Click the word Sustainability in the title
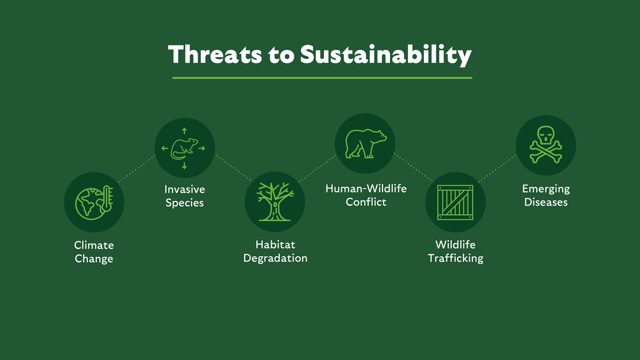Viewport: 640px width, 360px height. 386,55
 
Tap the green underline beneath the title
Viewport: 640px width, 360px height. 322,78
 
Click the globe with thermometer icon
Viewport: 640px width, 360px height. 94,203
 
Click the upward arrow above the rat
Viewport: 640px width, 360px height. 184,131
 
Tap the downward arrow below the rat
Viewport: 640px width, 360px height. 184,166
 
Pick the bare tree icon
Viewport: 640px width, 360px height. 275,202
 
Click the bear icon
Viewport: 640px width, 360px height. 365,144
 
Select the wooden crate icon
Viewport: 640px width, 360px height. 455,202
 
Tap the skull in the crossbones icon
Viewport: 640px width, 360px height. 546,135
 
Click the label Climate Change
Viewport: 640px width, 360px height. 94,252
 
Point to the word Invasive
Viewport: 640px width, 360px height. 185,189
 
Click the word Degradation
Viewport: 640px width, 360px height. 275,258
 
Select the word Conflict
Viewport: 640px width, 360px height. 366,202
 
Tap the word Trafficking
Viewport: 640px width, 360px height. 455,258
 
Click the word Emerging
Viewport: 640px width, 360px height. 546,189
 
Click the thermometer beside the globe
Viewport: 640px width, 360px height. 107,199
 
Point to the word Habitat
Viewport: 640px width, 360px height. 275,245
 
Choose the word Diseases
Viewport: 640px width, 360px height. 546,202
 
